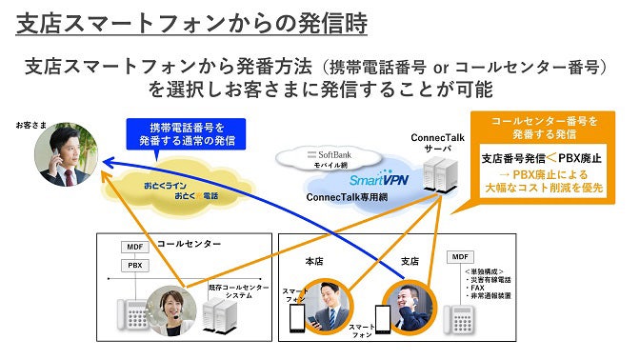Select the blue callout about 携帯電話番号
coord(186,133)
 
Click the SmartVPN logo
coord(351,178)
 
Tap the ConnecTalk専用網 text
coord(348,196)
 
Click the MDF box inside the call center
coord(134,246)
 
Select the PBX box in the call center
coord(134,265)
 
